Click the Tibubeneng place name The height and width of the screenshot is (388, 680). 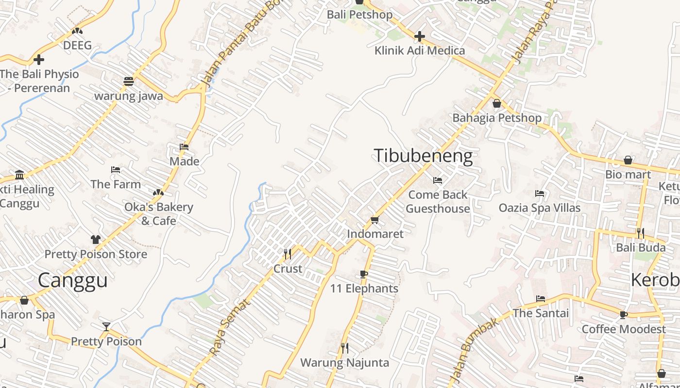coord(423,156)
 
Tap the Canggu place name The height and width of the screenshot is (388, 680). coord(73,280)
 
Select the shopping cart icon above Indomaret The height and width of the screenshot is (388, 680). coord(375,220)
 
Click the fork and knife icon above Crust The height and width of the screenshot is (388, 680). coord(288,254)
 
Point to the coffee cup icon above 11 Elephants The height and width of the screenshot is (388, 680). coord(364,274)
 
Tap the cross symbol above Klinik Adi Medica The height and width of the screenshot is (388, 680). coord(420,36)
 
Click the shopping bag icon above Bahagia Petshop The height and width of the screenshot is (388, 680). coord(496,103)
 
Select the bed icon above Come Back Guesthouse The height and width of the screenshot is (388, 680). coord(438,180)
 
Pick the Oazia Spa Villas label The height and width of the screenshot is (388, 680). coord(540,208)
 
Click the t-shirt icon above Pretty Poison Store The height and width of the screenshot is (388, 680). coord(96,240)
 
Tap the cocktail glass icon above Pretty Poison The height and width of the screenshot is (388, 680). coord(106,326)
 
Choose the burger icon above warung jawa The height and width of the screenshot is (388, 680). coord(128,81)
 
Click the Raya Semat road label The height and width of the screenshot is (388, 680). coord(229,327)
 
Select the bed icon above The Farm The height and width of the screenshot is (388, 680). coord(116,170)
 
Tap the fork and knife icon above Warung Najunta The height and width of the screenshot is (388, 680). coord(344,348)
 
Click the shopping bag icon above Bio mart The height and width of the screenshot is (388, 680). coord(628,160)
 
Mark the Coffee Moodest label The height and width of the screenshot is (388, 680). coord(624,329)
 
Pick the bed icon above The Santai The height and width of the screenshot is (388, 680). coord(541,299)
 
